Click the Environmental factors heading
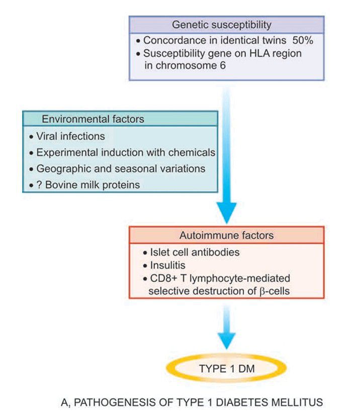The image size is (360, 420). pos(93,119)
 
